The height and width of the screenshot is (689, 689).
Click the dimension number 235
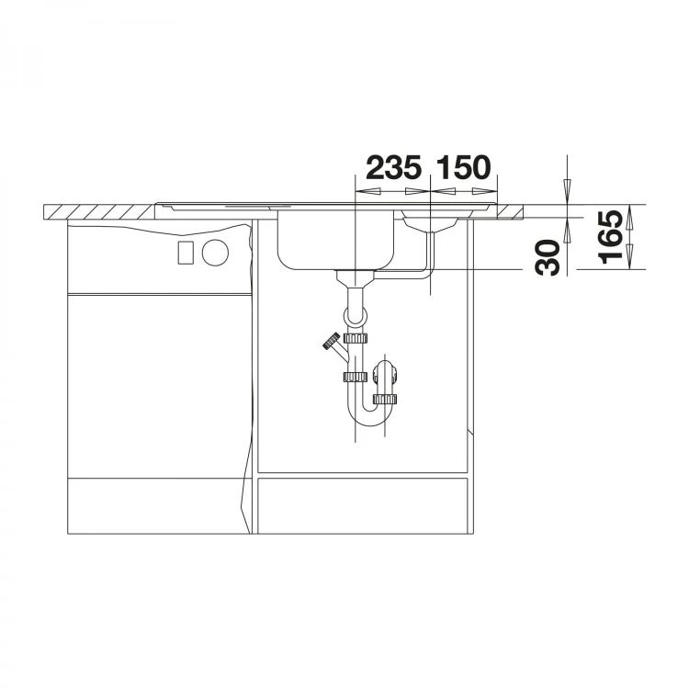394,167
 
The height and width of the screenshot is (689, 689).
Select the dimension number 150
463,167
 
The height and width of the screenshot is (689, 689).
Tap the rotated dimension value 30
548,258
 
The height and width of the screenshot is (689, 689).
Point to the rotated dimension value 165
611,237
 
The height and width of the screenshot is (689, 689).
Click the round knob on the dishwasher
215,253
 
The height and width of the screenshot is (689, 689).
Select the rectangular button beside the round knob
186,253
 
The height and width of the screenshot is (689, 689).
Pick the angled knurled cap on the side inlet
332,341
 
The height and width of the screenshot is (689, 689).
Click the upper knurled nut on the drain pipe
356,338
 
